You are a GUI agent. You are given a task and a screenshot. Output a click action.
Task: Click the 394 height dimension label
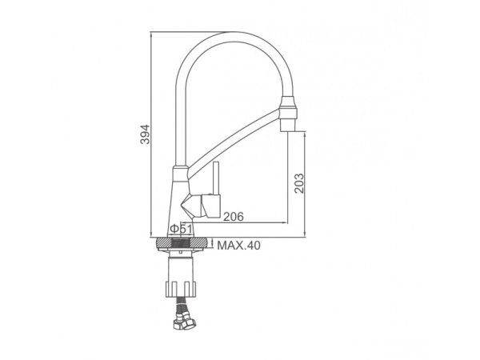pyautogui.click(x=145, y=134)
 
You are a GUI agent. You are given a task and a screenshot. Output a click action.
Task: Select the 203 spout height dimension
pyautogui.click(x=299, y=183)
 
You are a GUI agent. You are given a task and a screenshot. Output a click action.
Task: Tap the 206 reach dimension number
pyautogui.click(x=234, y=217)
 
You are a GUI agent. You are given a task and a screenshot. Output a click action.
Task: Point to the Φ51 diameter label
pyautogui.click(x=181, y=229)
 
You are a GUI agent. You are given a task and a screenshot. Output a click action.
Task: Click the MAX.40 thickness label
pyautogui.click(x=238, y=246)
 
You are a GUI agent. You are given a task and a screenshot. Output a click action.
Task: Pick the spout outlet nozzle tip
pyautogui.click(x=288, y=126)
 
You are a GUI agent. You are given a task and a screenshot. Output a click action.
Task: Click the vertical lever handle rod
pyautogui.click(x=217, y=178)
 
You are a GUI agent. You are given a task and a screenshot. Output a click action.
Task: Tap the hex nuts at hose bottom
pyautogui.click(x=186, y=322)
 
